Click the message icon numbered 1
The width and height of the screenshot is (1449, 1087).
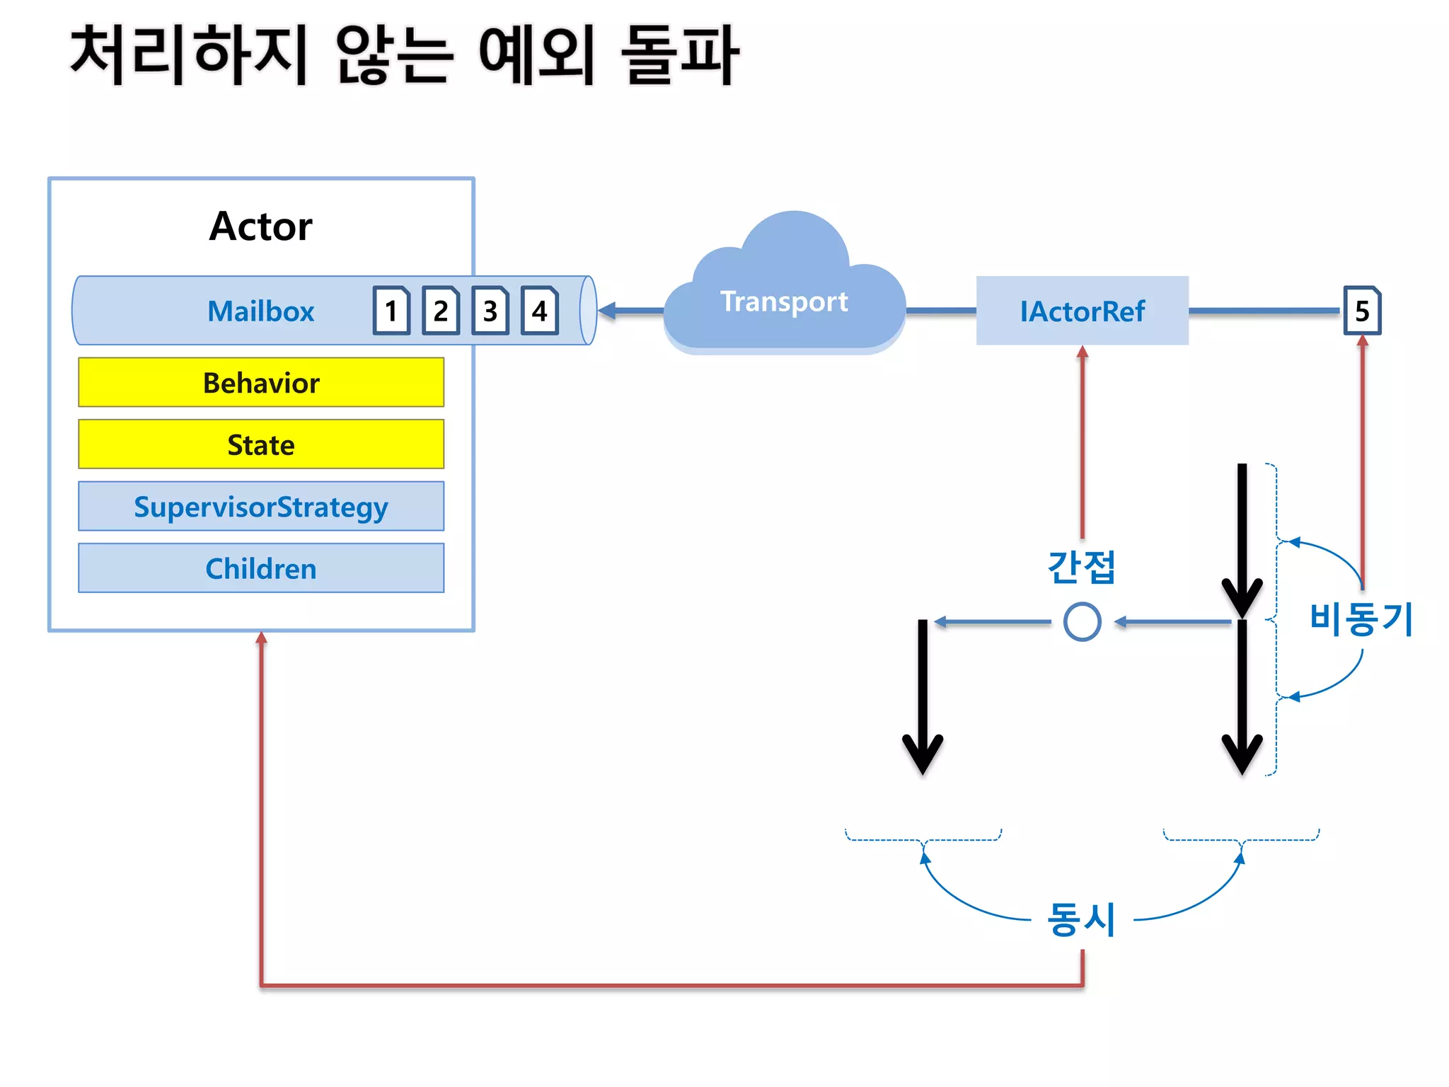click(391, 311)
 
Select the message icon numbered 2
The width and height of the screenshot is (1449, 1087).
click(441, 311)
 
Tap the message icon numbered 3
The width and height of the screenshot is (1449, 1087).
click(490, 311)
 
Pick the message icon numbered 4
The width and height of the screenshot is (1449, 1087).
click(540, 311)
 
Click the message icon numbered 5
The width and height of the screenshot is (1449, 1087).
click(1362, 311)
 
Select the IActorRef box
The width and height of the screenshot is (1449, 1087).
click(1082, 311)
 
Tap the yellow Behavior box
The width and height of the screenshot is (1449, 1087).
click(261, 382)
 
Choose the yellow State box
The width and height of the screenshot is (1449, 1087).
click(261, 444)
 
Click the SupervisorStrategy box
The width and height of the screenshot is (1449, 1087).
click(261, 507)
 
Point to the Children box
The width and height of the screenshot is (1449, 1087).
click(261, 568)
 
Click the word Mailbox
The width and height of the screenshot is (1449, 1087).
click(260, 311)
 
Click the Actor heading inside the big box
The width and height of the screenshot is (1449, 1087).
click(260, 226)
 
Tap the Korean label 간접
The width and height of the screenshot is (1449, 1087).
click(1081, 567)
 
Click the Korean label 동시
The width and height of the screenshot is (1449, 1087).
click(1081, 919)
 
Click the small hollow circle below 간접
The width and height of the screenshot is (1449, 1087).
click(1082, 622)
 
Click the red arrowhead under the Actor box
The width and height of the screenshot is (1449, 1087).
click(261, 638)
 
